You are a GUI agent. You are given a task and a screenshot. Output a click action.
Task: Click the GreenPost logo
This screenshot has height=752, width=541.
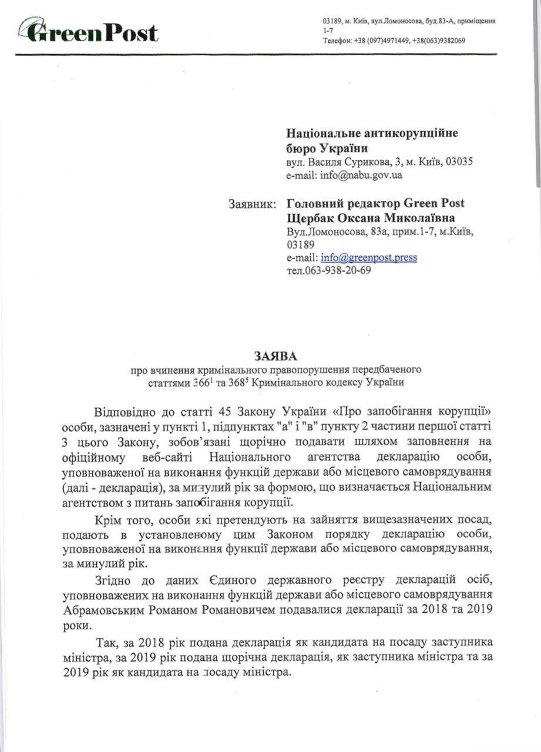pyautogui.click(x=88, y=32)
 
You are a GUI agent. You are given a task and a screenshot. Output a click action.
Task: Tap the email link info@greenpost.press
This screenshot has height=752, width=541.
pyautogui.click(x=369, y=258)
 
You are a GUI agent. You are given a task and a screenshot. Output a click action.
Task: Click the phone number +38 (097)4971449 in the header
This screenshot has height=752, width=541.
pyautogui.click(x=379, y=41)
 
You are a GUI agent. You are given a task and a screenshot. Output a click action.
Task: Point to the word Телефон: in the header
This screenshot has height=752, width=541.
pyautogui.click(x=336, y=41)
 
